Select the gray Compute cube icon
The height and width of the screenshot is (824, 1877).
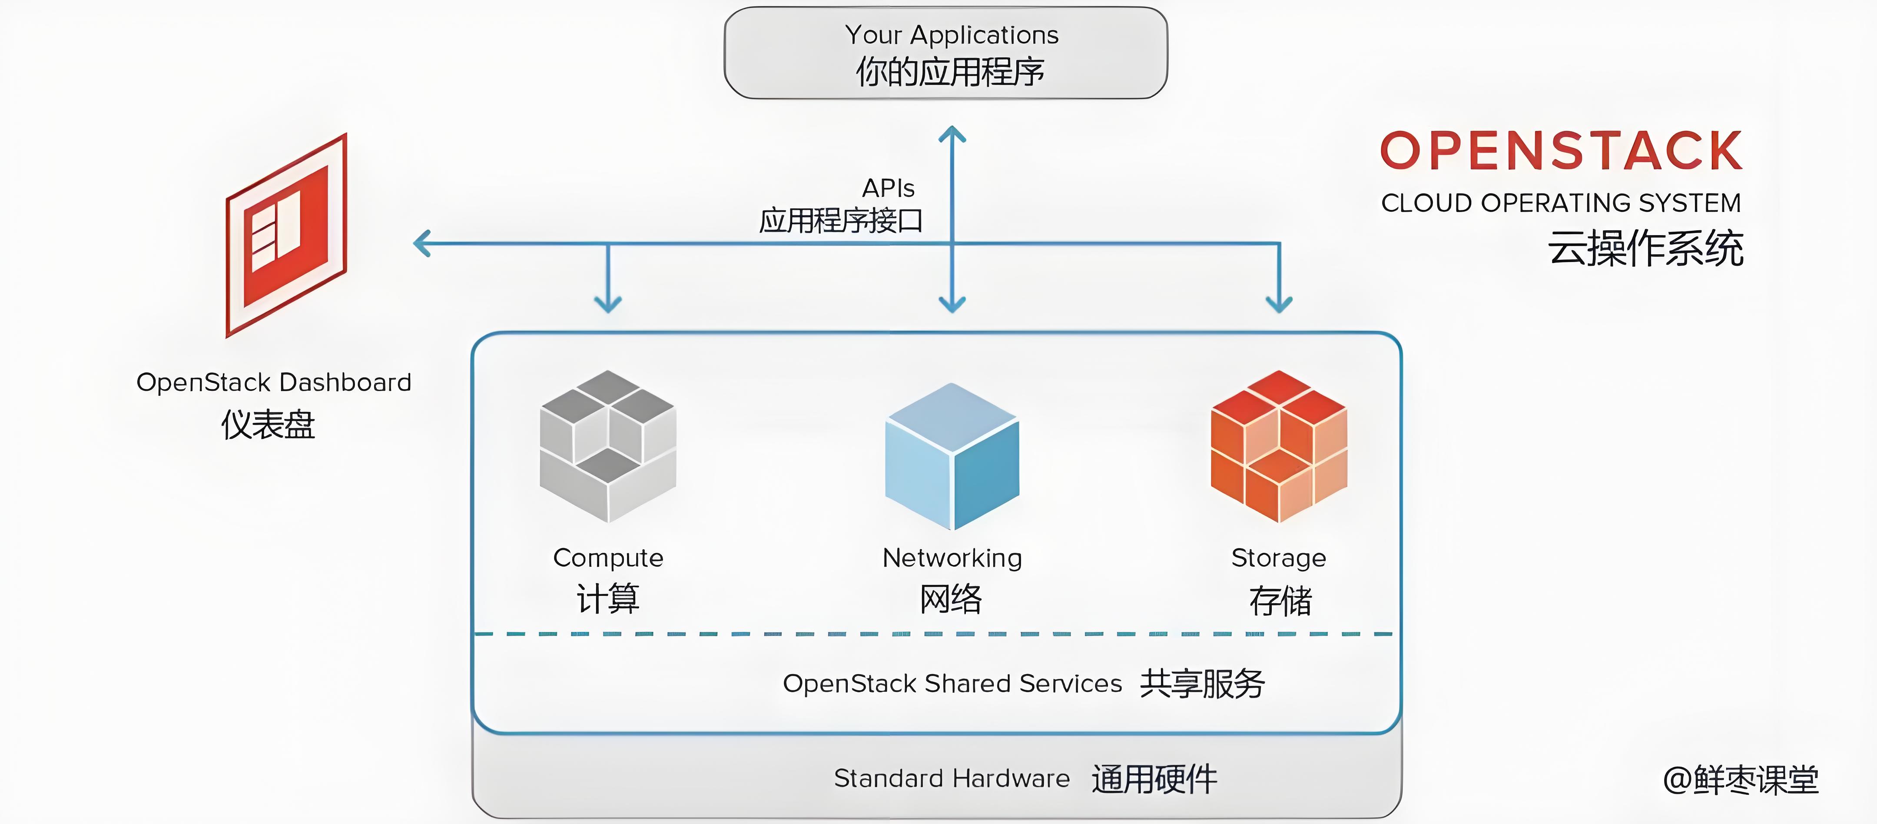pos(608,446)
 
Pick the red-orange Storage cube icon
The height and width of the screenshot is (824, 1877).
pos(1279,446)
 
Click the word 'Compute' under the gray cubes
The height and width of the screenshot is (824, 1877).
pos(608,558)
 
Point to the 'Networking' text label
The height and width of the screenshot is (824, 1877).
pos(952,558)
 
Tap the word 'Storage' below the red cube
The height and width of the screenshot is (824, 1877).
pos(1279,558)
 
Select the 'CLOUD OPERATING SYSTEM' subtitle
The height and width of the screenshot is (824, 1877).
pos(1561,203)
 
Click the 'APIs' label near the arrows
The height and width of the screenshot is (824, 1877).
pos(888,189)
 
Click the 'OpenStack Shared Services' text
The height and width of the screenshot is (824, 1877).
pos(952,683)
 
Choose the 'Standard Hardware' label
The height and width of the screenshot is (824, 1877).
pos(952,778)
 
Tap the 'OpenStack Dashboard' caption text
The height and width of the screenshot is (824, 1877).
pos(274,382)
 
